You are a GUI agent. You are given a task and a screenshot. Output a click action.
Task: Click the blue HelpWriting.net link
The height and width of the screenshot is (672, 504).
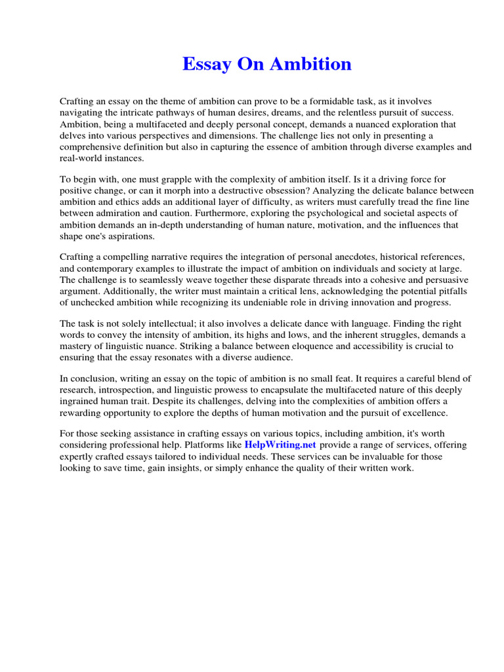coord(280,445)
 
